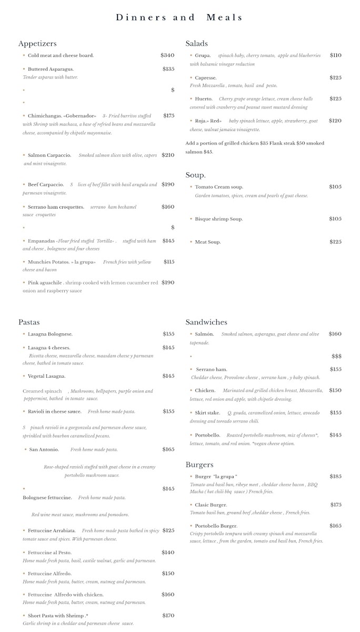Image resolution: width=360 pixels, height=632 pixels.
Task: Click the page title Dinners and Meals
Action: pos(179,17)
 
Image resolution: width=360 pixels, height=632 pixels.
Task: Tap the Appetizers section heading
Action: pos(37,44)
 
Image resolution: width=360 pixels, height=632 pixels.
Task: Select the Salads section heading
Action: pos(197,44)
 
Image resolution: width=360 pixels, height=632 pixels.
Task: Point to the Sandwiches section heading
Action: pos(206,322)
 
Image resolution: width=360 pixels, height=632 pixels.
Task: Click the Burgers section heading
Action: pos(199,465)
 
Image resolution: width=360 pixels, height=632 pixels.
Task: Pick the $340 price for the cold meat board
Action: pos(167,55)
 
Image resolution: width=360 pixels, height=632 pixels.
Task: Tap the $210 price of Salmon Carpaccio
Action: pos(168,155)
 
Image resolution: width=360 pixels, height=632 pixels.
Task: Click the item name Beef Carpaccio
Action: pos(46,185)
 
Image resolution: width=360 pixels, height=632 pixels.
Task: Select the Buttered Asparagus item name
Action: pos(51,69)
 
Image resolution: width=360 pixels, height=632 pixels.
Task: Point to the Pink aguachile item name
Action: pos(45,283)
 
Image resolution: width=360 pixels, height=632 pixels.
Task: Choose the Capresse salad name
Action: pos(205,78)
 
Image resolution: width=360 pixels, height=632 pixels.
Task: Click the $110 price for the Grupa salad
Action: pos(335,55)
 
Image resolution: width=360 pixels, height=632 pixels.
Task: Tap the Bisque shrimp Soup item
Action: pos(218,219)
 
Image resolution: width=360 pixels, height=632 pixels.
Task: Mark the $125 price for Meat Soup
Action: pos(335,242)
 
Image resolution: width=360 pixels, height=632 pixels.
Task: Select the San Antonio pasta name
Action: pos(44,450)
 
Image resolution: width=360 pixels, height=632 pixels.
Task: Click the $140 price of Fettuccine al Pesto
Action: pos(168,552)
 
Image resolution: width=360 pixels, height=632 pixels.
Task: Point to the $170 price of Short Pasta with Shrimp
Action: pos(168,616)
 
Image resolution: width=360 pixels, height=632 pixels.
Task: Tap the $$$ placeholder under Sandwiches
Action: pos(336,357)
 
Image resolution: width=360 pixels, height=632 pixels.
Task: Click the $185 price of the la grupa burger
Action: pos(335,477)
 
